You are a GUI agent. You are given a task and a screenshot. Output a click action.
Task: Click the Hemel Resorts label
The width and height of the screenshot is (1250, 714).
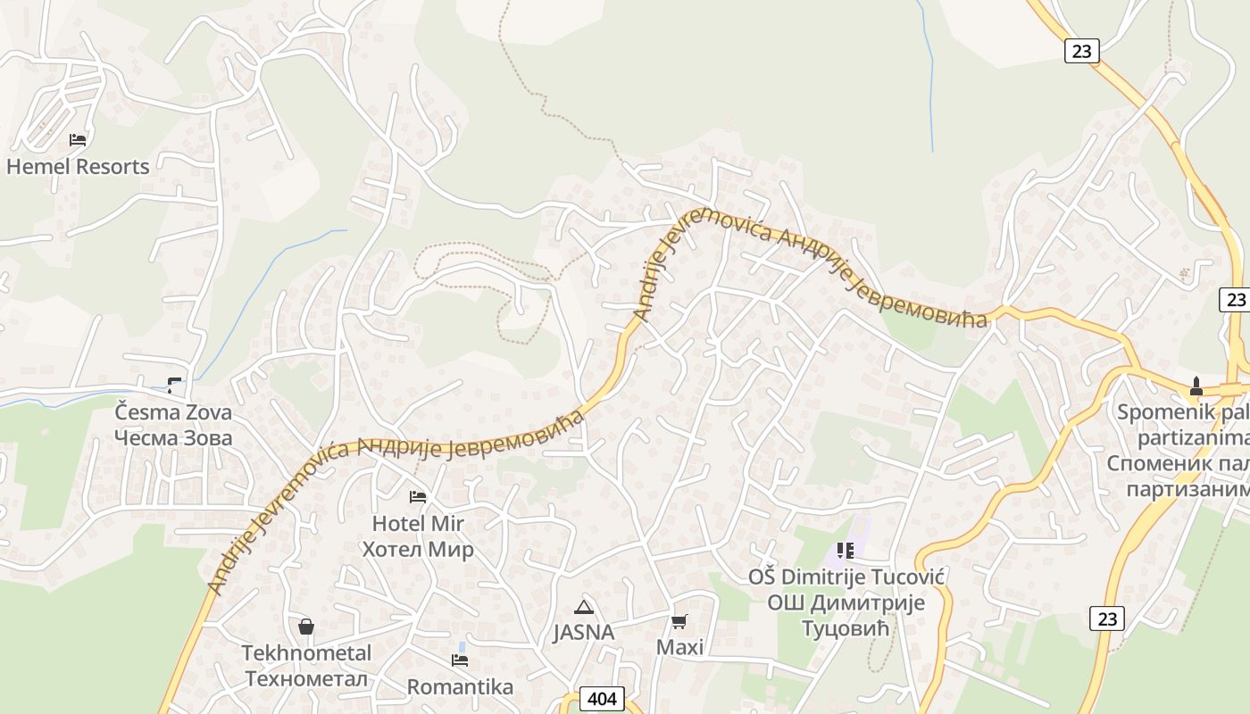[78, 166]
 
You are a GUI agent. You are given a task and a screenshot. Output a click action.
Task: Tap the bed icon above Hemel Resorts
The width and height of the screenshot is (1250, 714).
[78, 139]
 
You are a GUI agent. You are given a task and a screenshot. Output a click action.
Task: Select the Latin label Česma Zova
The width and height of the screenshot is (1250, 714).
[173, 412]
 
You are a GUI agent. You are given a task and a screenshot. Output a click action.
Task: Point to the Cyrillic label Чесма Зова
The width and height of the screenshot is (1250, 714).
[173, 437]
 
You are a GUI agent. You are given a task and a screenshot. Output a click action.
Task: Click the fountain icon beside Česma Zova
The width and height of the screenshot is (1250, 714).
[174, 386]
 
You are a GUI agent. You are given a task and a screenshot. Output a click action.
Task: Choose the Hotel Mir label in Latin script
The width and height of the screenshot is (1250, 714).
[418, 523]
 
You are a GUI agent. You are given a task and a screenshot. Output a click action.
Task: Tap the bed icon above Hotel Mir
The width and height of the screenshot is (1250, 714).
[418, 496]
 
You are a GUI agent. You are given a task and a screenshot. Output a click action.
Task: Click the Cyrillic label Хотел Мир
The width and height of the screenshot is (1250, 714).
[418, 548]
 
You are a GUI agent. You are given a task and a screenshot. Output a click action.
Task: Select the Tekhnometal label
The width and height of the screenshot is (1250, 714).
[306, 653]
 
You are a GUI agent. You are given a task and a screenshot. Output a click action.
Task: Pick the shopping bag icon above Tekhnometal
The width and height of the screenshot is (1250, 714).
[306, 627]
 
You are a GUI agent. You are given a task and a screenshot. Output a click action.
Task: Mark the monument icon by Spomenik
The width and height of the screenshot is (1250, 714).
[1196, 386]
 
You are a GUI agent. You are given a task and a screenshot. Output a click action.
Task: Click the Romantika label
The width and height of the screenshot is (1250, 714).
[460, 686]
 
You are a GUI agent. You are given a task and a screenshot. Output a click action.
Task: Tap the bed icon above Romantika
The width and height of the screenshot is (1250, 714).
[460, 660]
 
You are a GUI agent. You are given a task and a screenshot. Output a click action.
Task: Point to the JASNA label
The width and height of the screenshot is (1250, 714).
[584, 632]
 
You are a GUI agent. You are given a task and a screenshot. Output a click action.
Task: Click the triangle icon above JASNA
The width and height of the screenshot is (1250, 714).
[584, 608]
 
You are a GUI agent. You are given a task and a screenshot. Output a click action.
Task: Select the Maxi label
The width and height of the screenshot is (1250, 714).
[680, 647]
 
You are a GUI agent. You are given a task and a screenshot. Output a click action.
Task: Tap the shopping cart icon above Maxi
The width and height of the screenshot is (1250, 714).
[680, 621]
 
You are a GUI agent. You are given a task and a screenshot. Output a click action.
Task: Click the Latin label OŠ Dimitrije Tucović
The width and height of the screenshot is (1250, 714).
[846, 577]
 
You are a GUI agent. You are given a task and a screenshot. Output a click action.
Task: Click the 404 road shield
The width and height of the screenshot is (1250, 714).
[602, 698]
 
